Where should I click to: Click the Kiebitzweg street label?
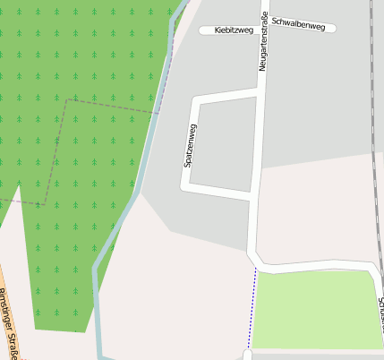pyautogui.click(x=234, y=30)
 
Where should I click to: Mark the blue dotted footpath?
pyautogui.click(x=252, y=309)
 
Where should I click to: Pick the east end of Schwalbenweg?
pyautogui.click(x=333, y=27)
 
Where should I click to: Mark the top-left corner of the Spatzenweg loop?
pyautogui.click(x=193, y=98)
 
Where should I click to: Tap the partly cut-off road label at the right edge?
pyautogui.click(x=380, y=313)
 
